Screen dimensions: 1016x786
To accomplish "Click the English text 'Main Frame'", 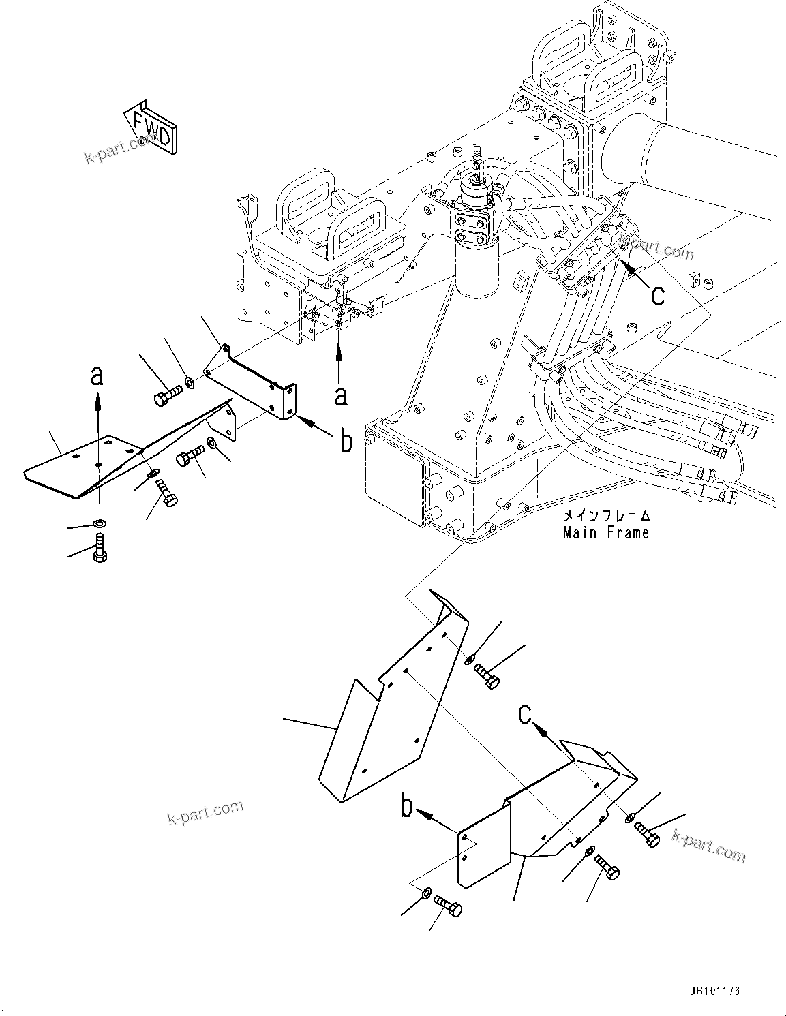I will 605,532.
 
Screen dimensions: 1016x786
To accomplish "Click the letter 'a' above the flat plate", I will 97,376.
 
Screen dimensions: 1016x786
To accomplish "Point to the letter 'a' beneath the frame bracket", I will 340,395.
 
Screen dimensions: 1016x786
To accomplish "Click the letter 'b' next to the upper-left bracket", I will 346,442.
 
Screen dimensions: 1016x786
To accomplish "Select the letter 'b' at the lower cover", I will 407,809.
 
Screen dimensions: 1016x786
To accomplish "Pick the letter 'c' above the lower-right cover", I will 524,714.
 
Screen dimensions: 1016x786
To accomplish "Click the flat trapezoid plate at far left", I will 82,463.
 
